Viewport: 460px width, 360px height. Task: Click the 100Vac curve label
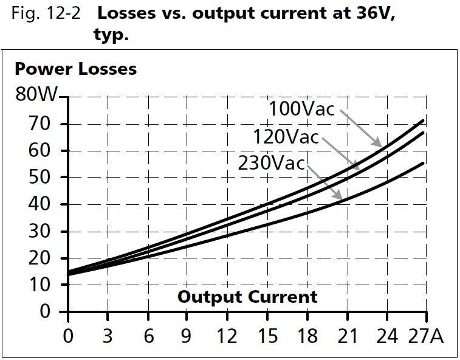click(x=301, y=109)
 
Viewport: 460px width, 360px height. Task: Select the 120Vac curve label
click(x=286, y=137)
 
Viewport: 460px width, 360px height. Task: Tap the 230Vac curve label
click(x=271, y=164)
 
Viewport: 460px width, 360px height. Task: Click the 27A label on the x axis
click(x=426, y=336)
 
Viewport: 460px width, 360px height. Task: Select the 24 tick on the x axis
click(x=387, y=336)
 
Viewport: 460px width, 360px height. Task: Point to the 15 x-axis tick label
click(x=267, y=336)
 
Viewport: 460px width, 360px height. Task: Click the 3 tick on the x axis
click(x=108, y=336)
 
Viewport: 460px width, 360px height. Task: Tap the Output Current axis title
click(x=247, y=297)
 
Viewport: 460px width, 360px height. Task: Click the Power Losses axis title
click(x=76, y=69)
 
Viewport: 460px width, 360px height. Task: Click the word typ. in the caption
click(x=111, y=35)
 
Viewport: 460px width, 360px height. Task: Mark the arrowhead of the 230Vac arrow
click(x=340, y=198)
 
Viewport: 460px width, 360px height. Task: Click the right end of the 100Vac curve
click(x=422, y=120)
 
